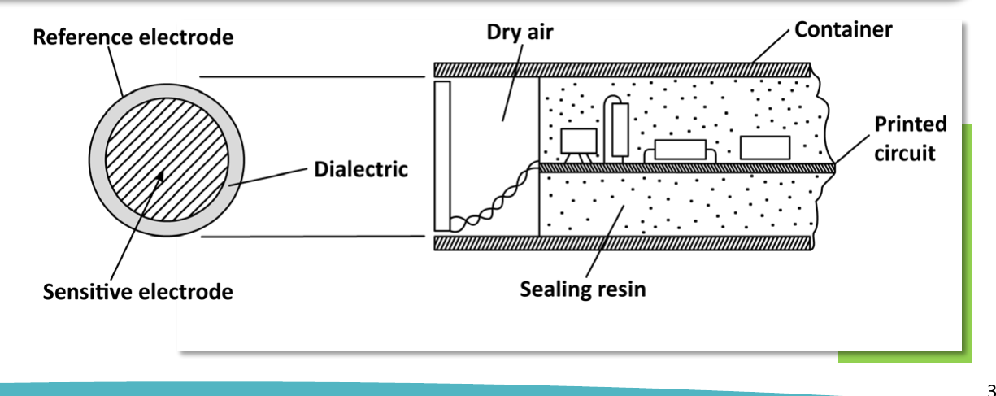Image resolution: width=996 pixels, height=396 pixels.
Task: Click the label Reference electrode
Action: point(133,37)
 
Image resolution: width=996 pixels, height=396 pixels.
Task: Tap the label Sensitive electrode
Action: point(138,292)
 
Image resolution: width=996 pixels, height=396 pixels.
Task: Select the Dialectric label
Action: point(361,169)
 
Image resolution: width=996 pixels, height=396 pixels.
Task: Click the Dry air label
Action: point(520,33)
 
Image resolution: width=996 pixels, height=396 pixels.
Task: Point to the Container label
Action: point(843,30)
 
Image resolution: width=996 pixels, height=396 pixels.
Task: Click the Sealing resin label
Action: point(582,289)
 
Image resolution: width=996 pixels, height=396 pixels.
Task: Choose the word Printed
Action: point(911,124)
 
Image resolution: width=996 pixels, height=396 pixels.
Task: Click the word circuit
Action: point(904,154)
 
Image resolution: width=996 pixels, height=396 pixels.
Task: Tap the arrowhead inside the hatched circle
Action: point(160,176)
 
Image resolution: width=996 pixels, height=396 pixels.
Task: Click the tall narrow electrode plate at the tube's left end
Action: point(442,156)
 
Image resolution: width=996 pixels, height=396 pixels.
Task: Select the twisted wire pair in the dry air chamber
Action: point(495,198)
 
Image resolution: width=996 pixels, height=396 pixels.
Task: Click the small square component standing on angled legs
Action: point(578,146)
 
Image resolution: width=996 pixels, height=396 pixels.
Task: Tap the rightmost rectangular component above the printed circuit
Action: point(765,148)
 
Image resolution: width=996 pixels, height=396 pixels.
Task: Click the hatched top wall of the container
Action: point(622,70)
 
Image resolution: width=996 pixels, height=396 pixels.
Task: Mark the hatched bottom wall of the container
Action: point(624,243)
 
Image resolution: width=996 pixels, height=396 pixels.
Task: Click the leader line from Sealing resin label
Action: point(605,242)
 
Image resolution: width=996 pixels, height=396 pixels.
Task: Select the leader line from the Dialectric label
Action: point(268,177)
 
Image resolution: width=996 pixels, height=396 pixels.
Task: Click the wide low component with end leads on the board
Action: point(681,150)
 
